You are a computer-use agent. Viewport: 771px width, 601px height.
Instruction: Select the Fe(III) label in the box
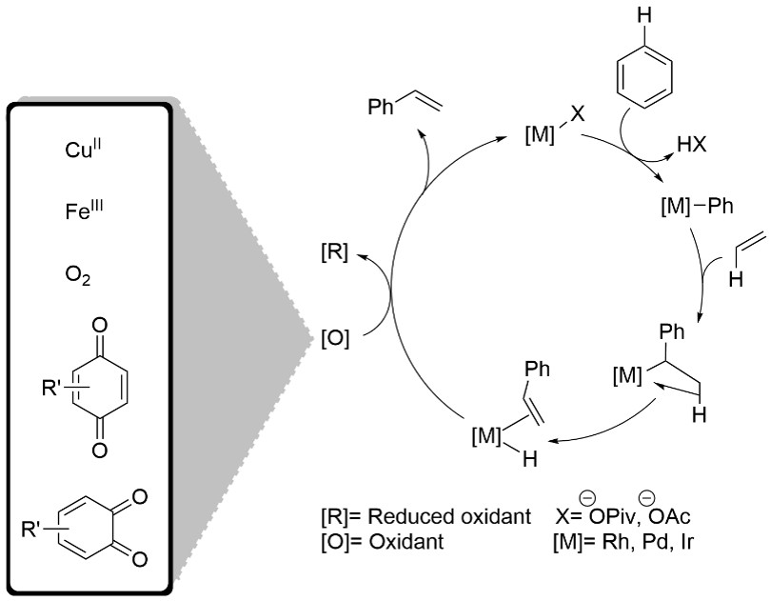tap(85, 211)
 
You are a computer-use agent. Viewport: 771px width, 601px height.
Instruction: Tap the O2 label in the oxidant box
tap(78, 276)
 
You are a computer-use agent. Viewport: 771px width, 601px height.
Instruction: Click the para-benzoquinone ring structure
tap(100, 388)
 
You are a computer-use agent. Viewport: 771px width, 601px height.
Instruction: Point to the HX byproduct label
tap(691, 145)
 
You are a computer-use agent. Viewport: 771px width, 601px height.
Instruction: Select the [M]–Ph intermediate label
tap(697, 207)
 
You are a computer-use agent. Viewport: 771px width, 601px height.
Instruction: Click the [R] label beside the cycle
tap(334, 253)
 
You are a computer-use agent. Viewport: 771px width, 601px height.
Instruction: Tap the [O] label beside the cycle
tap(335, 339)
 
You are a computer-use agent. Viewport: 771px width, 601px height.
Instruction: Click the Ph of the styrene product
tap(381, 107)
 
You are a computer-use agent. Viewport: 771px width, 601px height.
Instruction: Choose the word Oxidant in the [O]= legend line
tap(406, 542)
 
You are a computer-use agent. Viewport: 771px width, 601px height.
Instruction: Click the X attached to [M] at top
tap(577, 114)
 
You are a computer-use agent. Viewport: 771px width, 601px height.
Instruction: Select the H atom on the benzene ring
tap(644, 15)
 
